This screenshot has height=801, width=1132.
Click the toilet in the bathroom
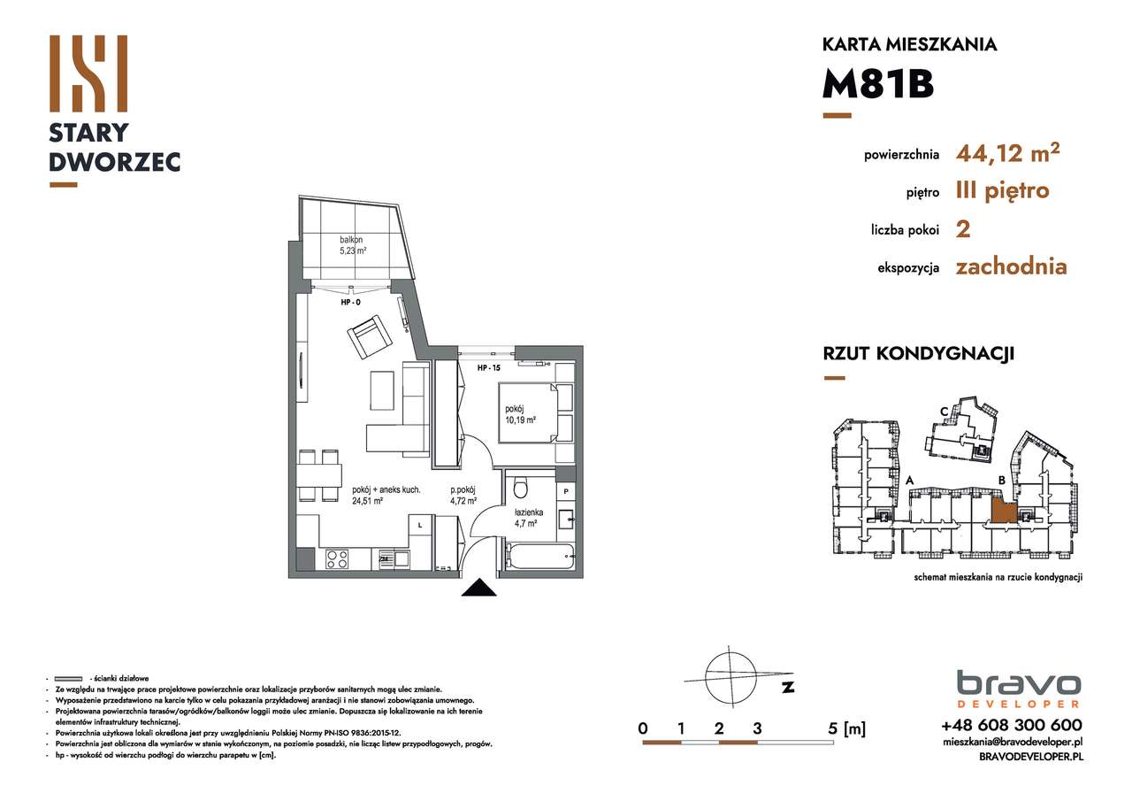521,489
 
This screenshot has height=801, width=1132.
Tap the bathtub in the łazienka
540,557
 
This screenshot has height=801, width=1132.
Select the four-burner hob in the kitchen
337,558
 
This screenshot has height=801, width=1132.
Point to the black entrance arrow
478,588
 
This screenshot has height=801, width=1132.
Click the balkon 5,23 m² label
353,245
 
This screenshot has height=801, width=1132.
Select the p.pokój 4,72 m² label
463,496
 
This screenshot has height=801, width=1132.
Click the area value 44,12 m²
1007,154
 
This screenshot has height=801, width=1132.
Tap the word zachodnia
1011,266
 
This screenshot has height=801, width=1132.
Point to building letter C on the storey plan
945,411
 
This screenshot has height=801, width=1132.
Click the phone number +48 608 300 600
1012,724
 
